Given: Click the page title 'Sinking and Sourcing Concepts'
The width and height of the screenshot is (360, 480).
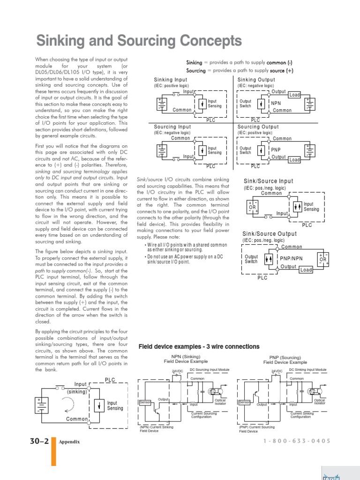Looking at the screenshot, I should [x=139, y=41].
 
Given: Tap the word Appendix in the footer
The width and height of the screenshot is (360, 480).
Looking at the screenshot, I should [x=69, y=442].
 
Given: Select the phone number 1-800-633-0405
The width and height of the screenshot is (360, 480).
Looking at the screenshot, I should [x=297, y=441].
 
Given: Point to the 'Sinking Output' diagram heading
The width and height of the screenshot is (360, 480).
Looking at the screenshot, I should [x=257, y=80].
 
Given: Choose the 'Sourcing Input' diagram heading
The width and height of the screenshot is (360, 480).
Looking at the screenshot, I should [x=172, y=127].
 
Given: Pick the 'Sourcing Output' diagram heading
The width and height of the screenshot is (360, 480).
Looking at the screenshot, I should [x=258, y=127].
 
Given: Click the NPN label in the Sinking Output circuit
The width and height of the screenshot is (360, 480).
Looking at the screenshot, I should [x=276, y=103].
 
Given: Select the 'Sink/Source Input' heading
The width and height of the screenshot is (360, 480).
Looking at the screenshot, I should [x=268, y=181].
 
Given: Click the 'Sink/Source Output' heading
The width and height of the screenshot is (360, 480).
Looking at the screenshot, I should [x=270, y=234].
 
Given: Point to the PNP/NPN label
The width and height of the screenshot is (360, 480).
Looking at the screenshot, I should [x=291, y=258].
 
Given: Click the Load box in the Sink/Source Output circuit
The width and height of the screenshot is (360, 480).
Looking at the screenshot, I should [x=306, y=270].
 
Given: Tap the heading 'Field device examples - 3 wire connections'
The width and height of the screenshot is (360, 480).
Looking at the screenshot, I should [x=199, y=346].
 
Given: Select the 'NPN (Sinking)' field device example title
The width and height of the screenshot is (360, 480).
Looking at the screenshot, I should [x=186, y=360].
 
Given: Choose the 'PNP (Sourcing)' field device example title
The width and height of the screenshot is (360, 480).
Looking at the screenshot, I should [x=285, y=360].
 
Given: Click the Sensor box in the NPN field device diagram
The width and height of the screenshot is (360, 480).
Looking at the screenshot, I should [x=144, y=402].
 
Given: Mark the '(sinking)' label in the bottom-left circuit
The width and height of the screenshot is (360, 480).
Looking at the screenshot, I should [x=76, y=392].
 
